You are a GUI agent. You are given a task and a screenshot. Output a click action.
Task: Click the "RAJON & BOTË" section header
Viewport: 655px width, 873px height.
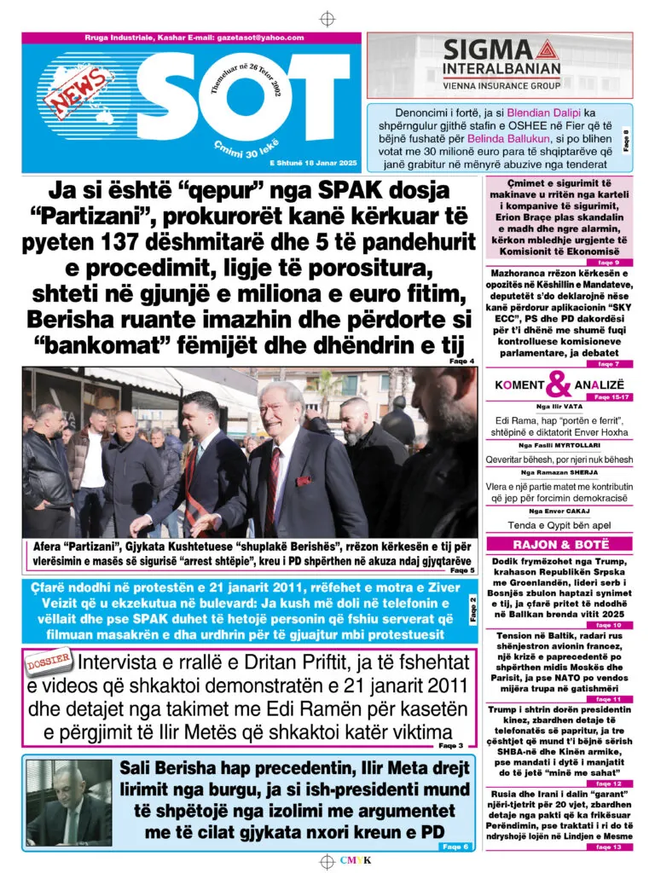click(560, 544)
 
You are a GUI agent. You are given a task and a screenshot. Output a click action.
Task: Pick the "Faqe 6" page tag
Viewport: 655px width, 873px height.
click(455, 847)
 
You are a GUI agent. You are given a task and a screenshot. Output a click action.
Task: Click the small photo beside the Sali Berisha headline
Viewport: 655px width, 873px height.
click(69, 802)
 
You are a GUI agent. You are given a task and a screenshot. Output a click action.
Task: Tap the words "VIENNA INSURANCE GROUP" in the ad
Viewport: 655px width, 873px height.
click(500, 86)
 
